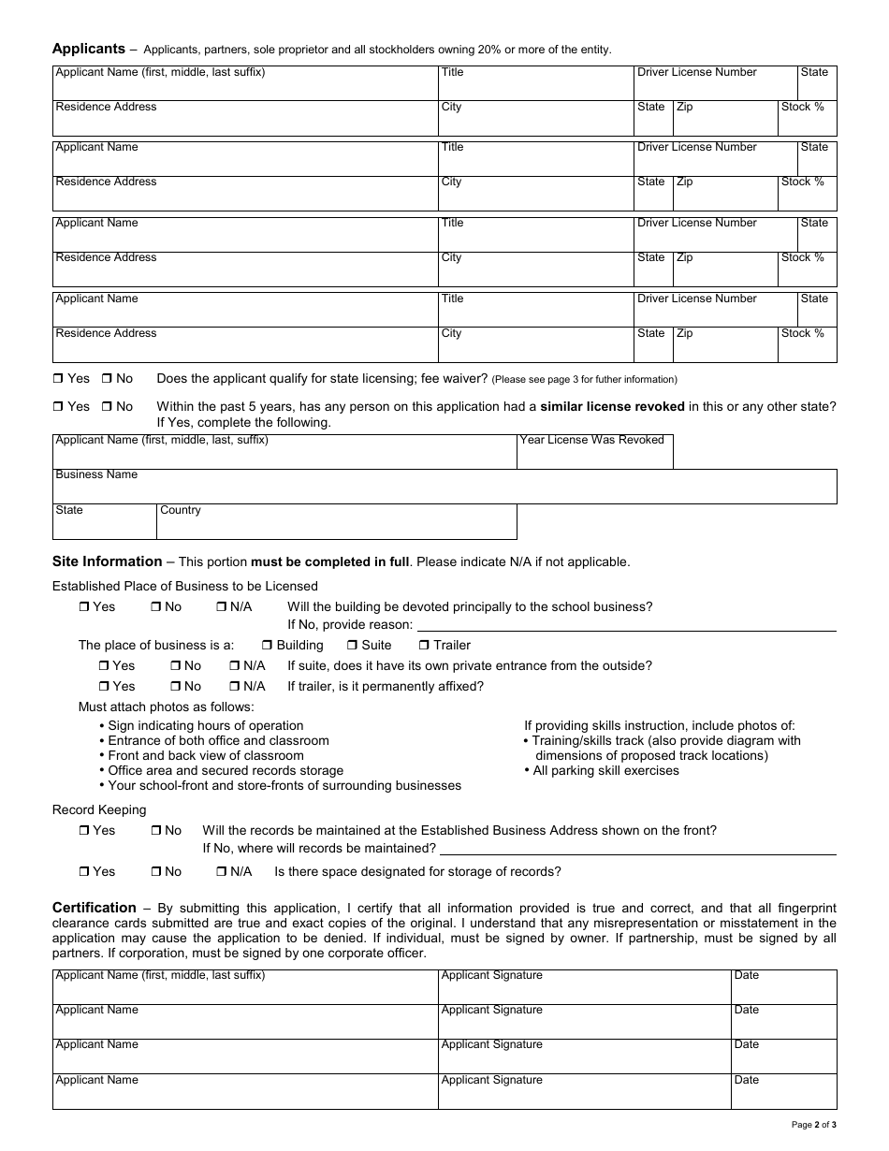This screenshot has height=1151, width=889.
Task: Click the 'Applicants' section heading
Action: tap(88, 49)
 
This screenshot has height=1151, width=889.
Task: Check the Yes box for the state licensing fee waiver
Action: tap(58, 379)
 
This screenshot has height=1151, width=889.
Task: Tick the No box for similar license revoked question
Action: tap(107, 407)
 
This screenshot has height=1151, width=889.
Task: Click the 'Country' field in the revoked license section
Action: tap(336, 522)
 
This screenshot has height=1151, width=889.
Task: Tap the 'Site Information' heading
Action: tap(107, 561)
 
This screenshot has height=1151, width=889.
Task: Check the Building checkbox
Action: tap(267, 646)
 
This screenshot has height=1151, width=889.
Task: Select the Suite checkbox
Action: tap(352, 646)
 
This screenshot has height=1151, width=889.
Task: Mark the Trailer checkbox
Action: tap(424, 646)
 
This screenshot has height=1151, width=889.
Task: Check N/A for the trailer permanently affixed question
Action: tap(234, 687)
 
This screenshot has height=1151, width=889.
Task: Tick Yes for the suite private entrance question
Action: tap(103, 666)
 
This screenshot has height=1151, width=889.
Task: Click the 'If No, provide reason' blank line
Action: tap(625, 624)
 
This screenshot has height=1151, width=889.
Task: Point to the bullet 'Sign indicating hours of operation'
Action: tap(205, 725)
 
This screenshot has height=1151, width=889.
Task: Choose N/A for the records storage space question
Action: tap(221, 872)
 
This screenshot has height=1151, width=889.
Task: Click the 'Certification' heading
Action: tap(94, 908)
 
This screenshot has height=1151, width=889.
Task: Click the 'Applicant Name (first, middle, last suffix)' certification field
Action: tap(245, 988)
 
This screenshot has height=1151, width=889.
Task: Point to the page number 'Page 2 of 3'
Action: tap(813, 1124)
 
